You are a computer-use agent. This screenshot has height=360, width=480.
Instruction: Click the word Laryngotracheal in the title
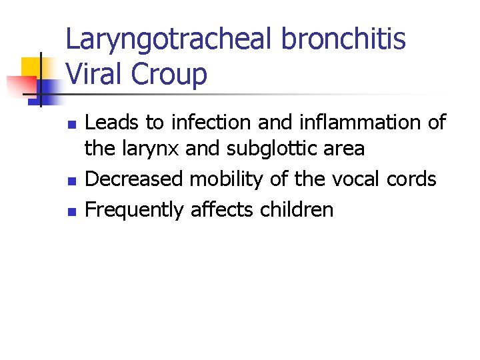pos(169,39)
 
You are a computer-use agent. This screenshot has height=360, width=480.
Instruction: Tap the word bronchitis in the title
pos(343,39)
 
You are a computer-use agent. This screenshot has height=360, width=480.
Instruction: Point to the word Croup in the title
pos(169,74)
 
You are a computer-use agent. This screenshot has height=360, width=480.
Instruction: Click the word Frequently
pos(135,211)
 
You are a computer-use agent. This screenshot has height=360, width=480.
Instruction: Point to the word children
pos(297,210)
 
